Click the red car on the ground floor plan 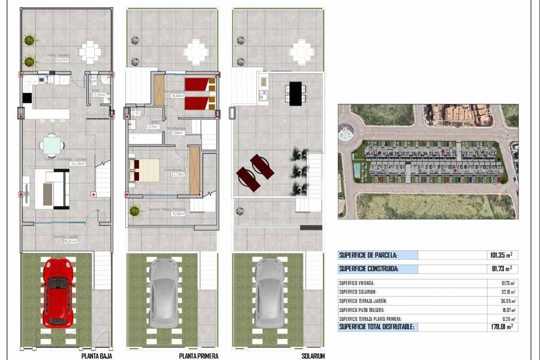pyautogui.click(x=58, y=292)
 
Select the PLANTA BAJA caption pyautogui.click(x=97, y=356)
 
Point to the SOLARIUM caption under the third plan pyautogui.click(x=313, y=356)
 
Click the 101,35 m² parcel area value pyautogui.click(x=499, y=255)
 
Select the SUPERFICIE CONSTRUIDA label pyautogui.click(x=368, y=269)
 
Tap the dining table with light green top pyautogui.click(x=52, y=145)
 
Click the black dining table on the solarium pyautogui.click(x=295, y=94)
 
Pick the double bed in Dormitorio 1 pyautogui.click(x=145, y=170)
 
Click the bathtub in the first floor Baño pyautogui.click(x=145, y=138)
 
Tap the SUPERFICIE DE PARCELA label pyautogui.click(x=367, y=255)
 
